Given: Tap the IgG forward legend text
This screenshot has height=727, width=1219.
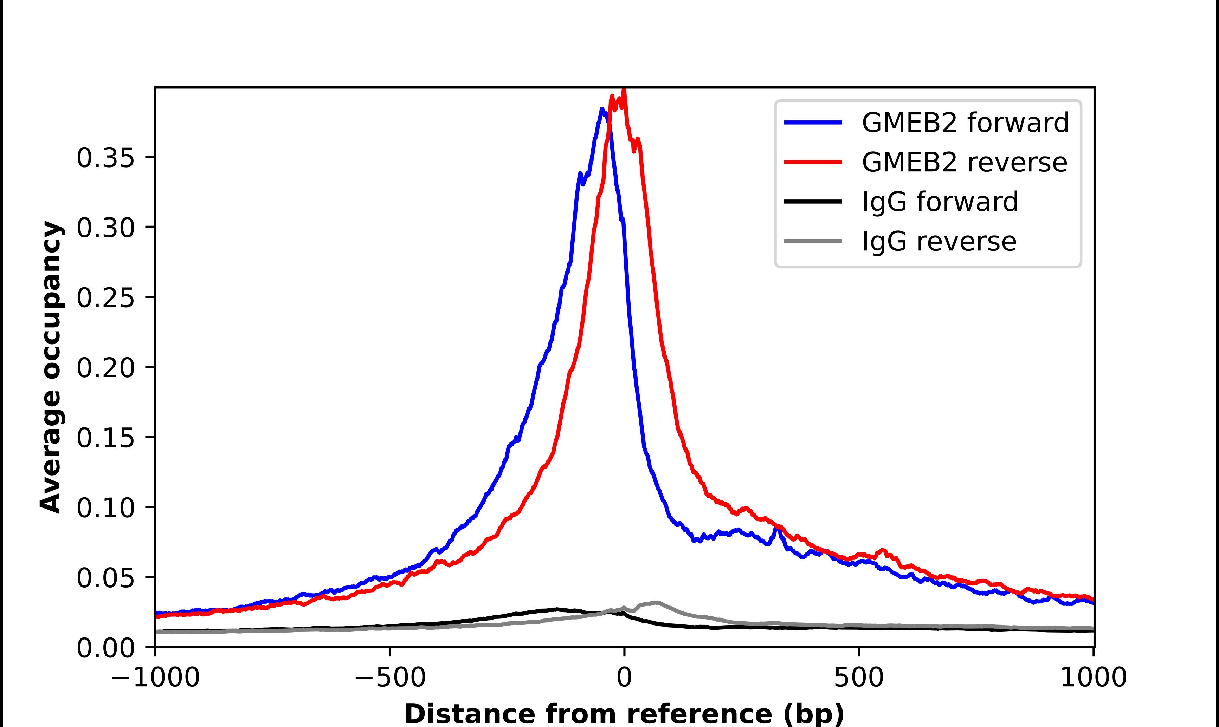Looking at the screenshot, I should pos(940,202).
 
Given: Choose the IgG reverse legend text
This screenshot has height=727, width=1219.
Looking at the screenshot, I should pos(939,242).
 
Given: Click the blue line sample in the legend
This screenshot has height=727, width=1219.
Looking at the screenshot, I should pos(813,123).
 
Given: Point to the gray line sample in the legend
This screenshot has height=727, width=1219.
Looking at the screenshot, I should pos(813,241).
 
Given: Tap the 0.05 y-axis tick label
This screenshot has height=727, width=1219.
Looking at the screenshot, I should pos(105,578).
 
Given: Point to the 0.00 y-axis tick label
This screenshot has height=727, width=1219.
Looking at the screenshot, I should pos(105,648).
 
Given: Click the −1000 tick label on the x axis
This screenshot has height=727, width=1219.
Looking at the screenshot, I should pos(155,677).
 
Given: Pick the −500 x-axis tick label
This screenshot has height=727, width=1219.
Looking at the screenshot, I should pos(390,677).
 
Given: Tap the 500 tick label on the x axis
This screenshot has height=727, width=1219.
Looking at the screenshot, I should pos(859,677).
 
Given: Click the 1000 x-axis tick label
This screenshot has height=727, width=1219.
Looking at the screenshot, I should pos(1093,677).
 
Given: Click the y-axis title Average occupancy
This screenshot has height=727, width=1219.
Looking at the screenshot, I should pos(51,367).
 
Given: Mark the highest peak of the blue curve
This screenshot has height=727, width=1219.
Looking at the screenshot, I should pos(601,109).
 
